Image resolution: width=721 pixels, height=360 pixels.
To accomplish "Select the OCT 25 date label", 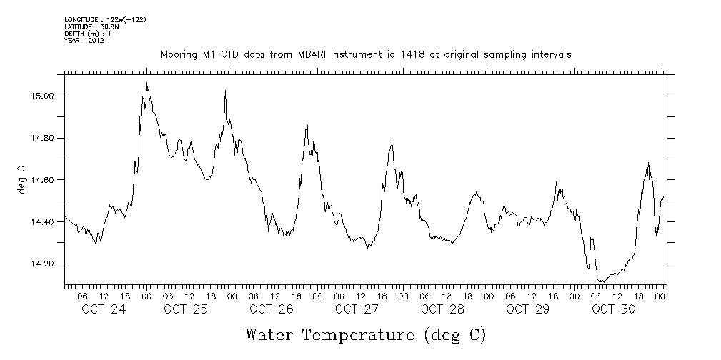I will [185, 309].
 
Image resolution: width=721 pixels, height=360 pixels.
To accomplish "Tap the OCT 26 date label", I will [271, 309].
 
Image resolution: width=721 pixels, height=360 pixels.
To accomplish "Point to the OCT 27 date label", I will [357, 309].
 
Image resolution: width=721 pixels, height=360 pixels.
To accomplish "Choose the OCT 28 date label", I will [442, 309].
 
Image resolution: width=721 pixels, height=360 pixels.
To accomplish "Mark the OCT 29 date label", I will [527, 309].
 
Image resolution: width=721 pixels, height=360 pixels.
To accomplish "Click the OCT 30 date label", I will [613, 309].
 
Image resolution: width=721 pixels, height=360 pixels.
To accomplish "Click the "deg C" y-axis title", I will [21, 179].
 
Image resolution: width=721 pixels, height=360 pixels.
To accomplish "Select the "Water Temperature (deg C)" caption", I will [365, 334].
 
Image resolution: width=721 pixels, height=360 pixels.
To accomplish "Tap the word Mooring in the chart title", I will [177, 55].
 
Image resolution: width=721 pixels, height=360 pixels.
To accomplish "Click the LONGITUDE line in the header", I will [105, 19].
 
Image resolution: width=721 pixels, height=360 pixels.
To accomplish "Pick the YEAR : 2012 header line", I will [84, 41].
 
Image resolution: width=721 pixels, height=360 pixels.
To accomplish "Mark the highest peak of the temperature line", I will [147, 83].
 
